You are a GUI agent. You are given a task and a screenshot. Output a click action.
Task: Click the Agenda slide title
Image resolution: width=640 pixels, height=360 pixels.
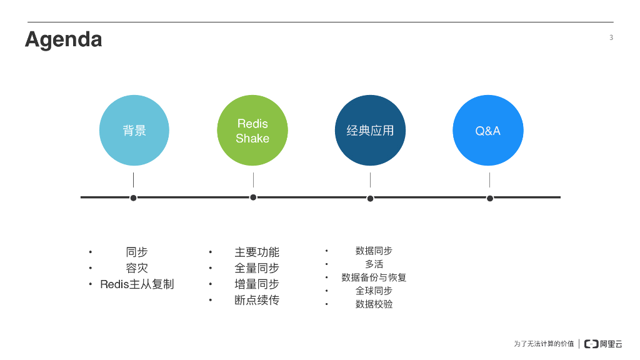coord(63,39)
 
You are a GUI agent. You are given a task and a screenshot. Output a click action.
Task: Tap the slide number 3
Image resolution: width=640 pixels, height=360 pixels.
coord(611,37)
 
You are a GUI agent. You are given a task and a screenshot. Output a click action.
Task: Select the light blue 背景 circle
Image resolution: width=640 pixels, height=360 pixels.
coord(134,131)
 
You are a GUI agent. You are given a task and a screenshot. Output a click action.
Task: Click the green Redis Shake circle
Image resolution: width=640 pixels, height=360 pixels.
coord(252,131)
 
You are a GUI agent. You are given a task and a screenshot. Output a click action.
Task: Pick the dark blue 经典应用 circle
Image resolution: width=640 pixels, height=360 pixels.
coord(370,131)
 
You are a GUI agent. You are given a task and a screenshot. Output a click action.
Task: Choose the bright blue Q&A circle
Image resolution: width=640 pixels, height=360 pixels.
coord(487,131)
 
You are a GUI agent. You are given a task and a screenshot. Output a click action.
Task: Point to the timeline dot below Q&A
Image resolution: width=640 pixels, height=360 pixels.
coord(490,198)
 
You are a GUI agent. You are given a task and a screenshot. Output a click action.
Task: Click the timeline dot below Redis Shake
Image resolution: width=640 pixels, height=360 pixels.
coord(253,197)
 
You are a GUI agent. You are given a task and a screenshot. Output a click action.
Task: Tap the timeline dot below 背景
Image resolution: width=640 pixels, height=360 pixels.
coord(133,198)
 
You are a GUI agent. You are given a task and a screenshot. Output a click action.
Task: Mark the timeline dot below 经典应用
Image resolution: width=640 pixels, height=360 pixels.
coord(370,198)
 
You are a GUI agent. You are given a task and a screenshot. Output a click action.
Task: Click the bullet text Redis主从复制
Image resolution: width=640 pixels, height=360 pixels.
coord(137,284)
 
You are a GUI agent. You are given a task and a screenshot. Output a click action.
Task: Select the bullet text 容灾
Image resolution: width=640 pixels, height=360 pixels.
coord(137,268)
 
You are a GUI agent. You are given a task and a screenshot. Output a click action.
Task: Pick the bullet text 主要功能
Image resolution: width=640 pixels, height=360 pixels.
coord(257,252)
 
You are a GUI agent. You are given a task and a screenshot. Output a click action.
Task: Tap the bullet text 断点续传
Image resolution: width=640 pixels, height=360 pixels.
coord(257,300)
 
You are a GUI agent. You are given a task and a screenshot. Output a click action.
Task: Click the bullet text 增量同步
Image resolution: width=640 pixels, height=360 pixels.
coord(257,284)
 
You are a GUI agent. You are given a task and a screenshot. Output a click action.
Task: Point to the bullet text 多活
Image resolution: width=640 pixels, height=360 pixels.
coord(374,264)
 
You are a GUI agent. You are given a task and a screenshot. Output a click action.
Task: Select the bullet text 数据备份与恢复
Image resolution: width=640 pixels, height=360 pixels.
coord(374,277)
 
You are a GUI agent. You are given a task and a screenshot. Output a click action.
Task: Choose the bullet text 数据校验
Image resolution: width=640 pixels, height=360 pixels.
coord(374,304)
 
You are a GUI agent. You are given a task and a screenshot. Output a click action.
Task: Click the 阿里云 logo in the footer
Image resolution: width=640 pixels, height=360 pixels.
coord(603,344)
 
